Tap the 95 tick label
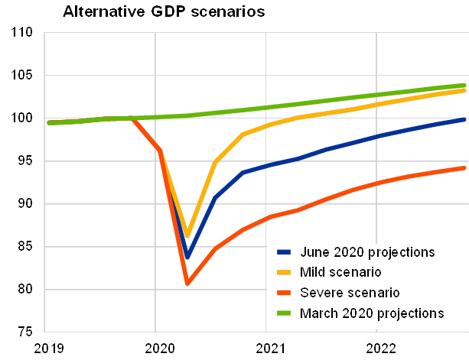[x=26, y=161]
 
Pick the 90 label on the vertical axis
[x=26, y=204]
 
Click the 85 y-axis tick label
[x=26, y=247]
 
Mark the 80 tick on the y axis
[x=26, y=290]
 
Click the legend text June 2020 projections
[x=358, y=251]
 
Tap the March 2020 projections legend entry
[x=360, y=313]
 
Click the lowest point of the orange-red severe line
[x=187, y=284]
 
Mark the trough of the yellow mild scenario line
[x=187, y=235]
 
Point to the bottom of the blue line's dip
[x=187, y=257]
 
